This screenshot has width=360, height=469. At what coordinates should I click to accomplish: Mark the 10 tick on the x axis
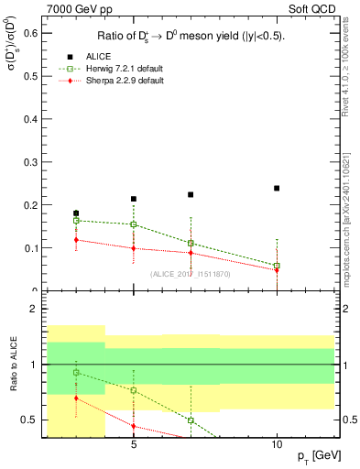276,445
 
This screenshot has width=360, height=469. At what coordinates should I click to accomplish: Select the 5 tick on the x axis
134,445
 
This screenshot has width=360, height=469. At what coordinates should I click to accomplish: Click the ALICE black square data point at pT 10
277,188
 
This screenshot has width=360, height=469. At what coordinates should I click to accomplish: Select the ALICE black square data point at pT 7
191,194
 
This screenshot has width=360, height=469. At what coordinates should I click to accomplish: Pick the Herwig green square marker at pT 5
134,224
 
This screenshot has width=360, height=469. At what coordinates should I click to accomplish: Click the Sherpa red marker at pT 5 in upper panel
134,248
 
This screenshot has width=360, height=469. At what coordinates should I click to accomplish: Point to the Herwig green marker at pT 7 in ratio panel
191,420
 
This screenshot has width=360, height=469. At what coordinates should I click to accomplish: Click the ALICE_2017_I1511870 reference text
190,274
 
